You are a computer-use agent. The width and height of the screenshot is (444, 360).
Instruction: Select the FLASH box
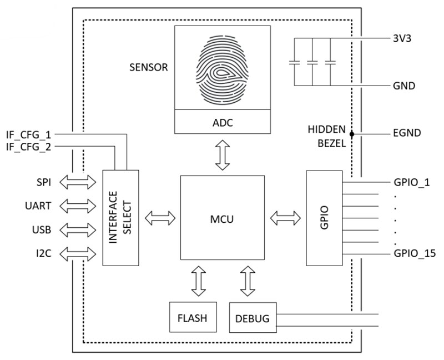tap(192, 318)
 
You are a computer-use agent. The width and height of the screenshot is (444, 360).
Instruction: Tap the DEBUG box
tap(252, 318)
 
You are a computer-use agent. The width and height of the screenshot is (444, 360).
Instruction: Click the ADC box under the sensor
tap(222, 122)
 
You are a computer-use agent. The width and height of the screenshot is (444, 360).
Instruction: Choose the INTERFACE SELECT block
tap(121, 218)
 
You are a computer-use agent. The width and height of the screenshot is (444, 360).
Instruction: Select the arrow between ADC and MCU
tap(222, 155)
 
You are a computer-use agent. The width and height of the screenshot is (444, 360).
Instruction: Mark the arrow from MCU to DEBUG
tap(248, 281)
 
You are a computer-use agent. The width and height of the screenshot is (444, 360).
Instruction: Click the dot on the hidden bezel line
tap(351, 134)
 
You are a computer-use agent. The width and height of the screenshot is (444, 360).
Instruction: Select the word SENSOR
tap(149, 68)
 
